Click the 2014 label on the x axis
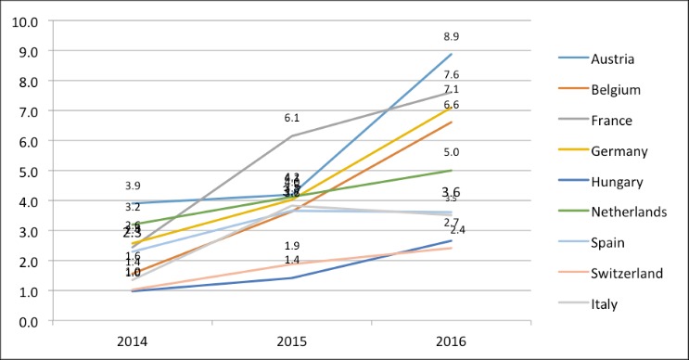point(133,341)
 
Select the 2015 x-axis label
point(292,341)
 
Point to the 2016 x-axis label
point(452,341)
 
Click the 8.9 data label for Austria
point(452,36)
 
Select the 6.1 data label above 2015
point(292,118)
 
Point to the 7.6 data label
point(452,74)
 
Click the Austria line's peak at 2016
point(452,54)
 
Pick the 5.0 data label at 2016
point(452,152)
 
